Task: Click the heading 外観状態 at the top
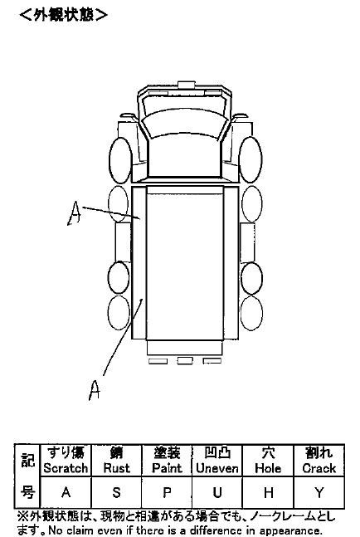[64, 15]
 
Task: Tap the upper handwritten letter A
[75, 212]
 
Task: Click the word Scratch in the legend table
[66, 468]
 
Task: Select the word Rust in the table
[117, 468]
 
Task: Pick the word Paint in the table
[167, 468]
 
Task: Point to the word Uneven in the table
[217, 468]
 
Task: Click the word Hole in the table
[268, 468]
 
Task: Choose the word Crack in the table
[319, 468]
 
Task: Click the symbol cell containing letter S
[117, 492]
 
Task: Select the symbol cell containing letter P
[167, 492]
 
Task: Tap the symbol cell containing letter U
[217, 492]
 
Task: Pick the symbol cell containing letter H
[268, 492]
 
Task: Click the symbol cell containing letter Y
[319, 492]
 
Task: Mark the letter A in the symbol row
[66, 492]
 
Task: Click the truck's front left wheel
[120, 160]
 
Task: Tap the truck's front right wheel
[251, 159]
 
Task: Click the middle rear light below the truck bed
[185, 360]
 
